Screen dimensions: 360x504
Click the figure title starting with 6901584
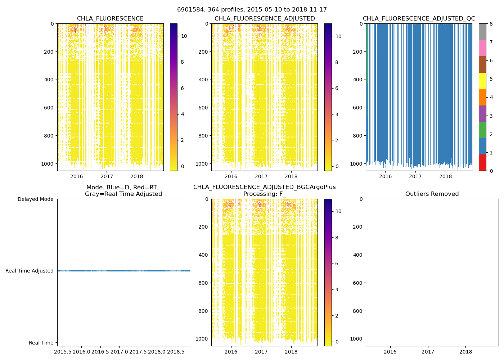(252, 10)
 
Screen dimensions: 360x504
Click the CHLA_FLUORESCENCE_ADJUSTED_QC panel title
(419, 19)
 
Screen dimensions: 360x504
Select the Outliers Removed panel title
(432, 194)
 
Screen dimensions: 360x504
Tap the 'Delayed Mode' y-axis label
(35, 199)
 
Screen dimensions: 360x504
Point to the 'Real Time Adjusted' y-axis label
(30, 271)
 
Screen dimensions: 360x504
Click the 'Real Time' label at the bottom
(41, 343)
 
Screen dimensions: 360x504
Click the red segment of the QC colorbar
(482, 162)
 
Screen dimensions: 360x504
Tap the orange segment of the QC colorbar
(482, 97)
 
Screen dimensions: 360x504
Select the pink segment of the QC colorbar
(482, 48)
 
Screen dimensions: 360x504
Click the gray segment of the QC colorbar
(482, 32)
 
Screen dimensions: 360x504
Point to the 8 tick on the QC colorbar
(491, 24)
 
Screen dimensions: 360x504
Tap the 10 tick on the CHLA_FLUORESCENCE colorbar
(184, 36)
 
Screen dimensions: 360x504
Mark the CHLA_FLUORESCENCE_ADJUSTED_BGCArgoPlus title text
(264, 187)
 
